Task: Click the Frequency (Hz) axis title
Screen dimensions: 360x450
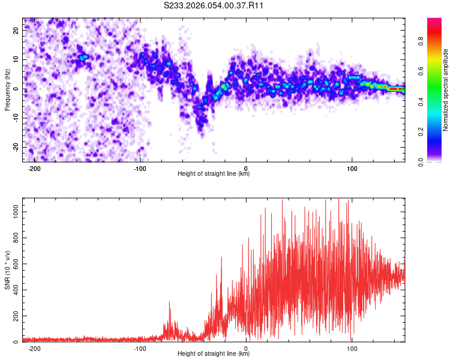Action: pyautogui.click(x=7, y=90)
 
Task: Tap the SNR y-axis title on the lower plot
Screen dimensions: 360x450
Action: pyautogui.click(x=7, y=270)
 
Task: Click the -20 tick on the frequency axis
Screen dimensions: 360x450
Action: pyautogui.click(x=15, y=147)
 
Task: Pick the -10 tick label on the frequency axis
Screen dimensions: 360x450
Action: pyautogui.click(x=15, y=118)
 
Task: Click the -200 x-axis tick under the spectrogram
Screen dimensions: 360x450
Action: pyautogui.click(x=34, y=168)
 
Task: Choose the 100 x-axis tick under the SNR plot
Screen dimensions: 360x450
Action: pyautogui.click(x=352, y=348)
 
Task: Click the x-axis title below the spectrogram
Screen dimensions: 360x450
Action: pyautogui.click(x=214, y=174)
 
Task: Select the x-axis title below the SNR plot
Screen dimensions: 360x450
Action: pyautogui.click(x=214, y=354)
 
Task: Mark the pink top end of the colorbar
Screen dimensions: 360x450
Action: pyautogui.click(x=434, y=21)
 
